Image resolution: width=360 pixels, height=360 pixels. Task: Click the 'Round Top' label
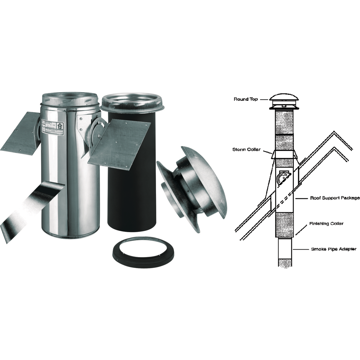coord(245,99)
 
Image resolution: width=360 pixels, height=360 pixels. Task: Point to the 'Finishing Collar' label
coord(326,223)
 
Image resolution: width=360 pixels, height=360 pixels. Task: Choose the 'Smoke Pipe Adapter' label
coord(333,249)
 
